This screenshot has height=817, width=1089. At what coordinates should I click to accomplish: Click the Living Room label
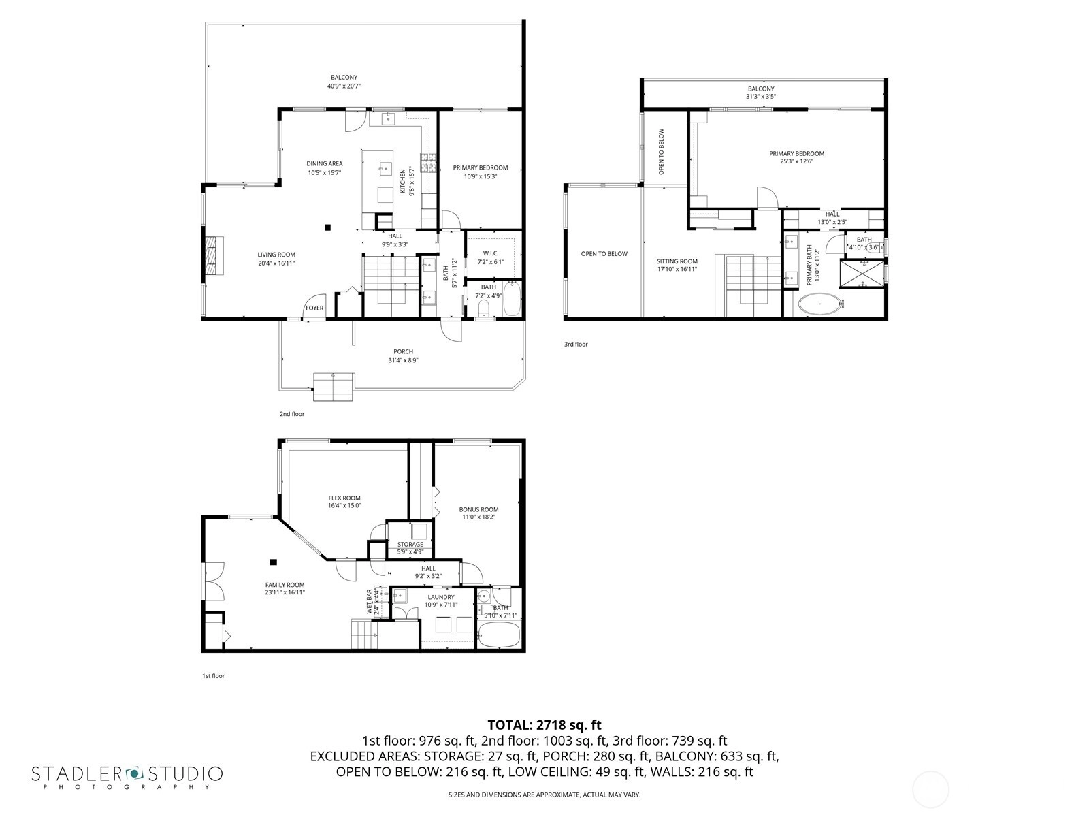coord(276,255)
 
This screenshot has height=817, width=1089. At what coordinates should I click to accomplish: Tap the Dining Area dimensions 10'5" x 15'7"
coord(325,173)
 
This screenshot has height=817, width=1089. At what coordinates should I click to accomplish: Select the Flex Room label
coord(344,498)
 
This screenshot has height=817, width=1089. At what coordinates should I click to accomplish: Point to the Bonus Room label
coord(478,509)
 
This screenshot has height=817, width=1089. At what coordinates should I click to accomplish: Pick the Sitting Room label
coord(677,261)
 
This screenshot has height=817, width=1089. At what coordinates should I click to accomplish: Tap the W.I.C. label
coord(491,253)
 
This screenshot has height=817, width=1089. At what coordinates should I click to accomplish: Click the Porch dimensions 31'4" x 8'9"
coord(404,360)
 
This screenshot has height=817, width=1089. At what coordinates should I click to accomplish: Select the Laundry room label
coord(441,597)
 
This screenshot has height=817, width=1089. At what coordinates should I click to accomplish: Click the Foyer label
coord(314,308)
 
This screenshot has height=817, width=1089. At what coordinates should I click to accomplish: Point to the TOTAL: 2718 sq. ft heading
coord(544,725)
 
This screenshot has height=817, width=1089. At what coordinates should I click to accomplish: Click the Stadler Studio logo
coord(127,777)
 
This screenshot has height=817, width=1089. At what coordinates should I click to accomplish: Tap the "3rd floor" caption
coord(576,345)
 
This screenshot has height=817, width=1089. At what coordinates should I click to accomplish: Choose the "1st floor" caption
coord(213,675)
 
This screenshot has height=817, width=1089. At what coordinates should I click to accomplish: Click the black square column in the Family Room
coord(274,562)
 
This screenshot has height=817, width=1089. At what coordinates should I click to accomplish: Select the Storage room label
coord(410,544)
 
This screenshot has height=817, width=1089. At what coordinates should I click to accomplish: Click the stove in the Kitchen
coord(429,163)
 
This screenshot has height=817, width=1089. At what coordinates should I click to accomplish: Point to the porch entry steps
coord(333,387)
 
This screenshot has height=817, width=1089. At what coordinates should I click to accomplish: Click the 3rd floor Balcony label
coord(761,89)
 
